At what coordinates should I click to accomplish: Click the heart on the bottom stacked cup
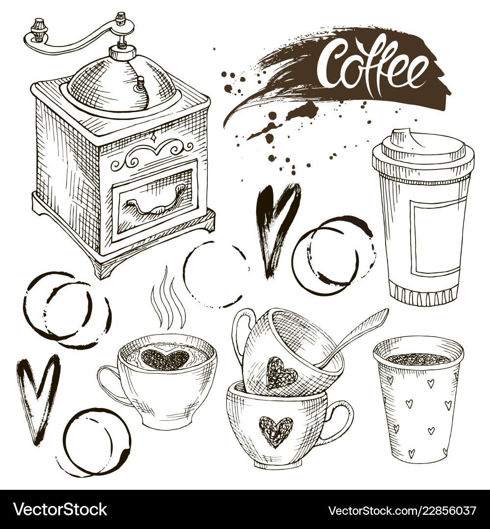275,430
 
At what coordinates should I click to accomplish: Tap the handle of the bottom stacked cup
339,420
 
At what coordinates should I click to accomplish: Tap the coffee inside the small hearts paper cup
417,359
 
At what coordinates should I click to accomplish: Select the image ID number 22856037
443,510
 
